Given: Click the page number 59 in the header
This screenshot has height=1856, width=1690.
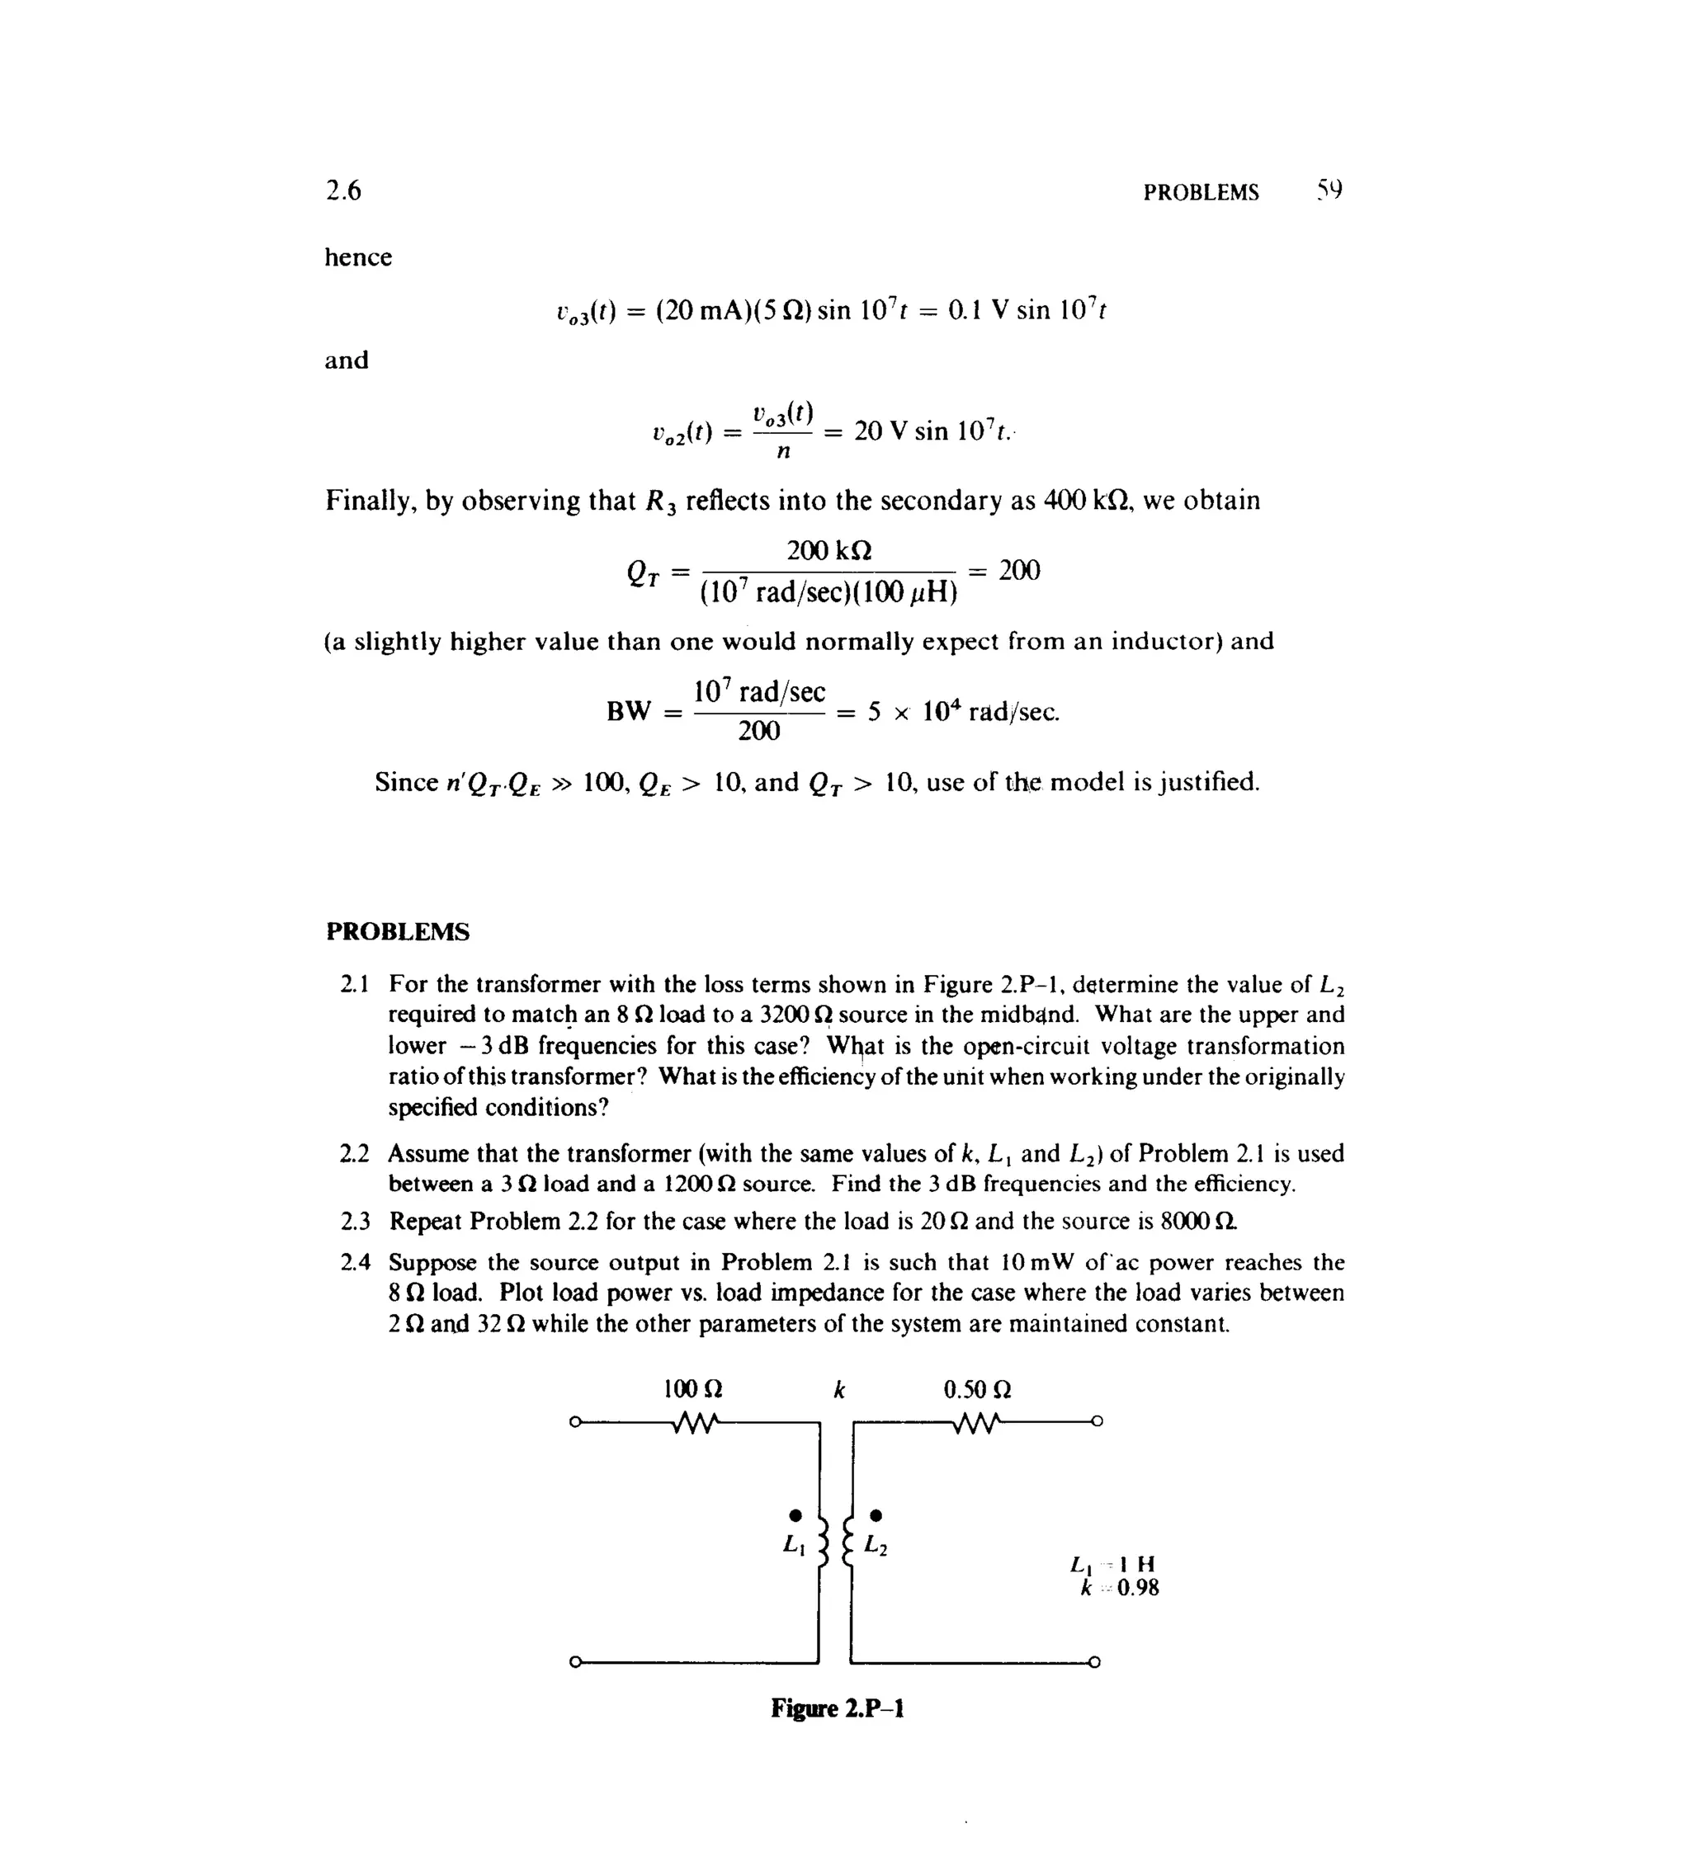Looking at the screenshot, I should [x=1328, y=191].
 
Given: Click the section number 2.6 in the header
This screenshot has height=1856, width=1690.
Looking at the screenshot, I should [x=342, y=191].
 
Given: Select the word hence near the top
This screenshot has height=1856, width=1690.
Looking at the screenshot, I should [x=357, y=257].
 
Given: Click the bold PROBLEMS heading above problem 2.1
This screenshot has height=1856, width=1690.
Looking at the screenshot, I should [x=397, y=931].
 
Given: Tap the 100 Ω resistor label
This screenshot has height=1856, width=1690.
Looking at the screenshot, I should [x=692, y=1388].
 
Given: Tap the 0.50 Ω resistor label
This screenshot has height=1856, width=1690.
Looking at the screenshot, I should [x=977, y=1388].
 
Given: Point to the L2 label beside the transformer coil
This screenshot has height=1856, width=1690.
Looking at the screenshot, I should [x=876, y=1546].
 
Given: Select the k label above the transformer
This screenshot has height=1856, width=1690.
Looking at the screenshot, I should [x=838, y=1389].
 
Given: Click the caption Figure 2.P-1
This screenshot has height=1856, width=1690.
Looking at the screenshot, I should [x=838, y=1708].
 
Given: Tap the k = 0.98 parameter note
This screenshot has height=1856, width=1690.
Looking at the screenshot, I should [x=1119, y=1588].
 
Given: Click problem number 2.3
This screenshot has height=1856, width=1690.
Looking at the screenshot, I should [x=355, y=1222].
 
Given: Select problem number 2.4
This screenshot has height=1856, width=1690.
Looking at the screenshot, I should [x=355, y=1262].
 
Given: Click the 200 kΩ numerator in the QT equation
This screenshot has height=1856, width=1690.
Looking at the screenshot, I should [x=828, y=550].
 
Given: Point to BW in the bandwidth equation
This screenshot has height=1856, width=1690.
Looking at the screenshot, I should [x=629, y=712].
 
